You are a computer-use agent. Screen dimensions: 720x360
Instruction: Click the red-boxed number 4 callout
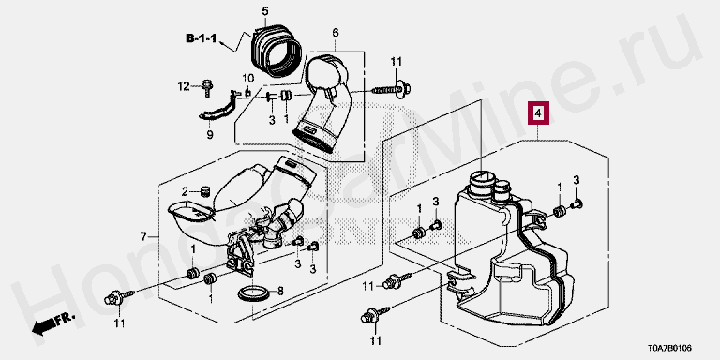point(539,112)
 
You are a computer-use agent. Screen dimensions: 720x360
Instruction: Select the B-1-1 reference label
point(201,38)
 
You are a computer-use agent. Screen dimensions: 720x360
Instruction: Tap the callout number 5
point(265,11)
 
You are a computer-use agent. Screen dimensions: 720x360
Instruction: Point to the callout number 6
point(336,33)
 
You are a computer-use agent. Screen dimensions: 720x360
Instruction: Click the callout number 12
point(184,86)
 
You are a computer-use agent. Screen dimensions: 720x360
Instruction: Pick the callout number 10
point(247,77)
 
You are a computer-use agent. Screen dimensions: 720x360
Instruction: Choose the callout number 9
point(210,135)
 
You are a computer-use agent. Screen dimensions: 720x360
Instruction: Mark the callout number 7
point(143,237)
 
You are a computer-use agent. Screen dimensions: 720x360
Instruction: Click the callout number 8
point(280,291)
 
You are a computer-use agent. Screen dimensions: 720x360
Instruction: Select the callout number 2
point(185,191)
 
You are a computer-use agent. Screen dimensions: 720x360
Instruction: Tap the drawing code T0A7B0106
point(669,349)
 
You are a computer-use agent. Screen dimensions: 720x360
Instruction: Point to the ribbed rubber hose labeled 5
point(276,50)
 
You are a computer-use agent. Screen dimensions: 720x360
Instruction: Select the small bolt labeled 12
point(207,88)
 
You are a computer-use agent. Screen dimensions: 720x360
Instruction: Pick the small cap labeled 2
point(204,190)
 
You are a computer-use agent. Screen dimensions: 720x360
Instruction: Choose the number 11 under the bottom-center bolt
point(376,341)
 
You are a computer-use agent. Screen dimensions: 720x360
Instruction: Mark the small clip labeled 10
point(247,93)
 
